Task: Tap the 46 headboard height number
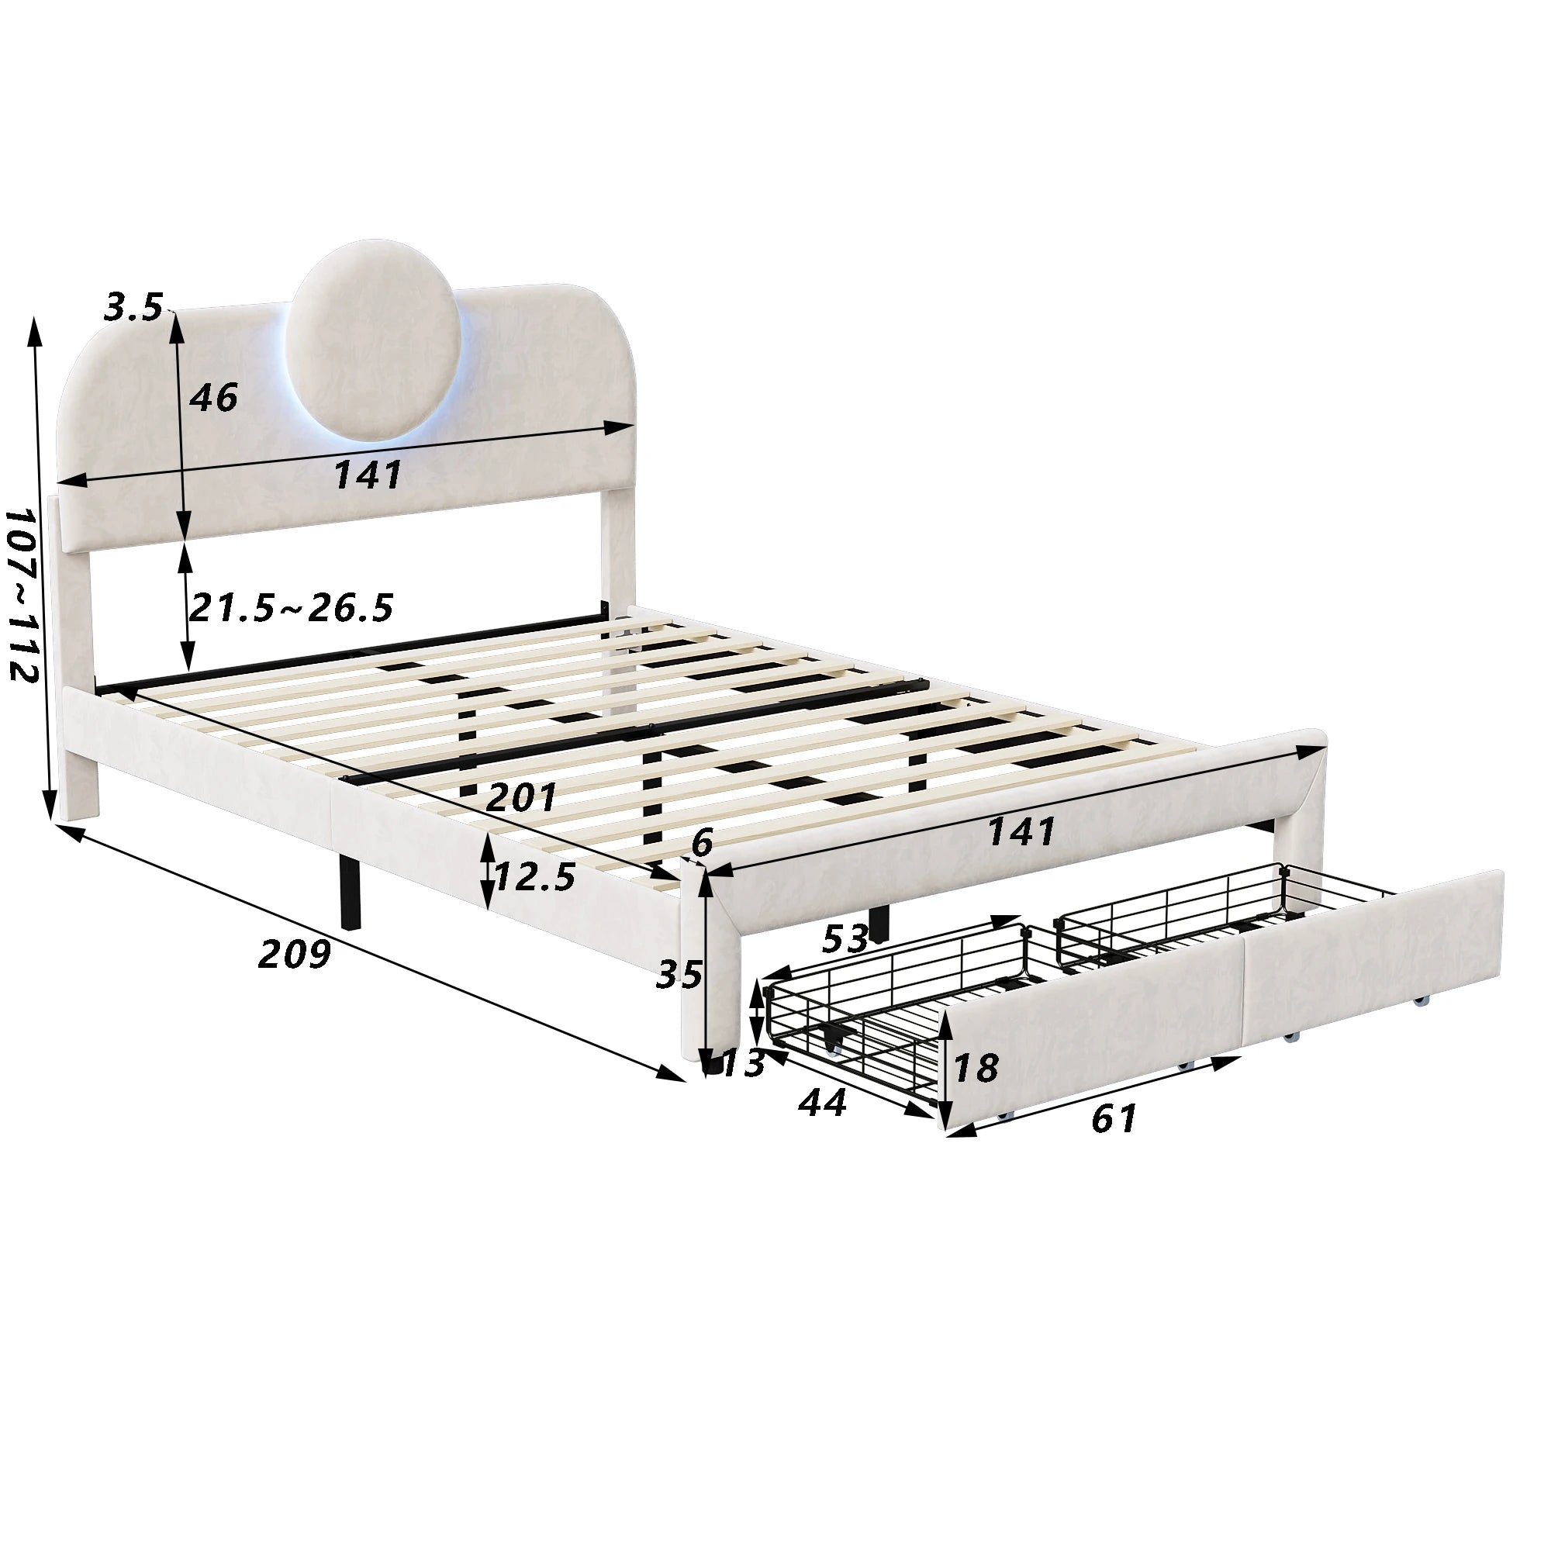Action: coord(213,396)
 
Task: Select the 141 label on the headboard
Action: coord(368,475)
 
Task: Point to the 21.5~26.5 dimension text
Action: coord(291,608)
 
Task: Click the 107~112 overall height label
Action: coord(22,593)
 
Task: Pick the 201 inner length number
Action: coord(522,797)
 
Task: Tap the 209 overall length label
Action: coord(295,954)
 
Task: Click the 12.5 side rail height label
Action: coord(535,876)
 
